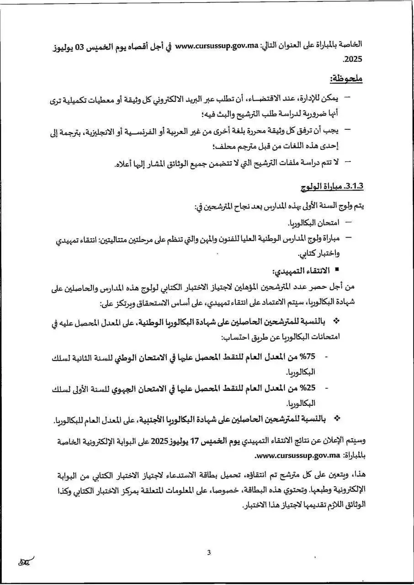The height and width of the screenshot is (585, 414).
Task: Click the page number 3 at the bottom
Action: [x=209, y=553]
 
